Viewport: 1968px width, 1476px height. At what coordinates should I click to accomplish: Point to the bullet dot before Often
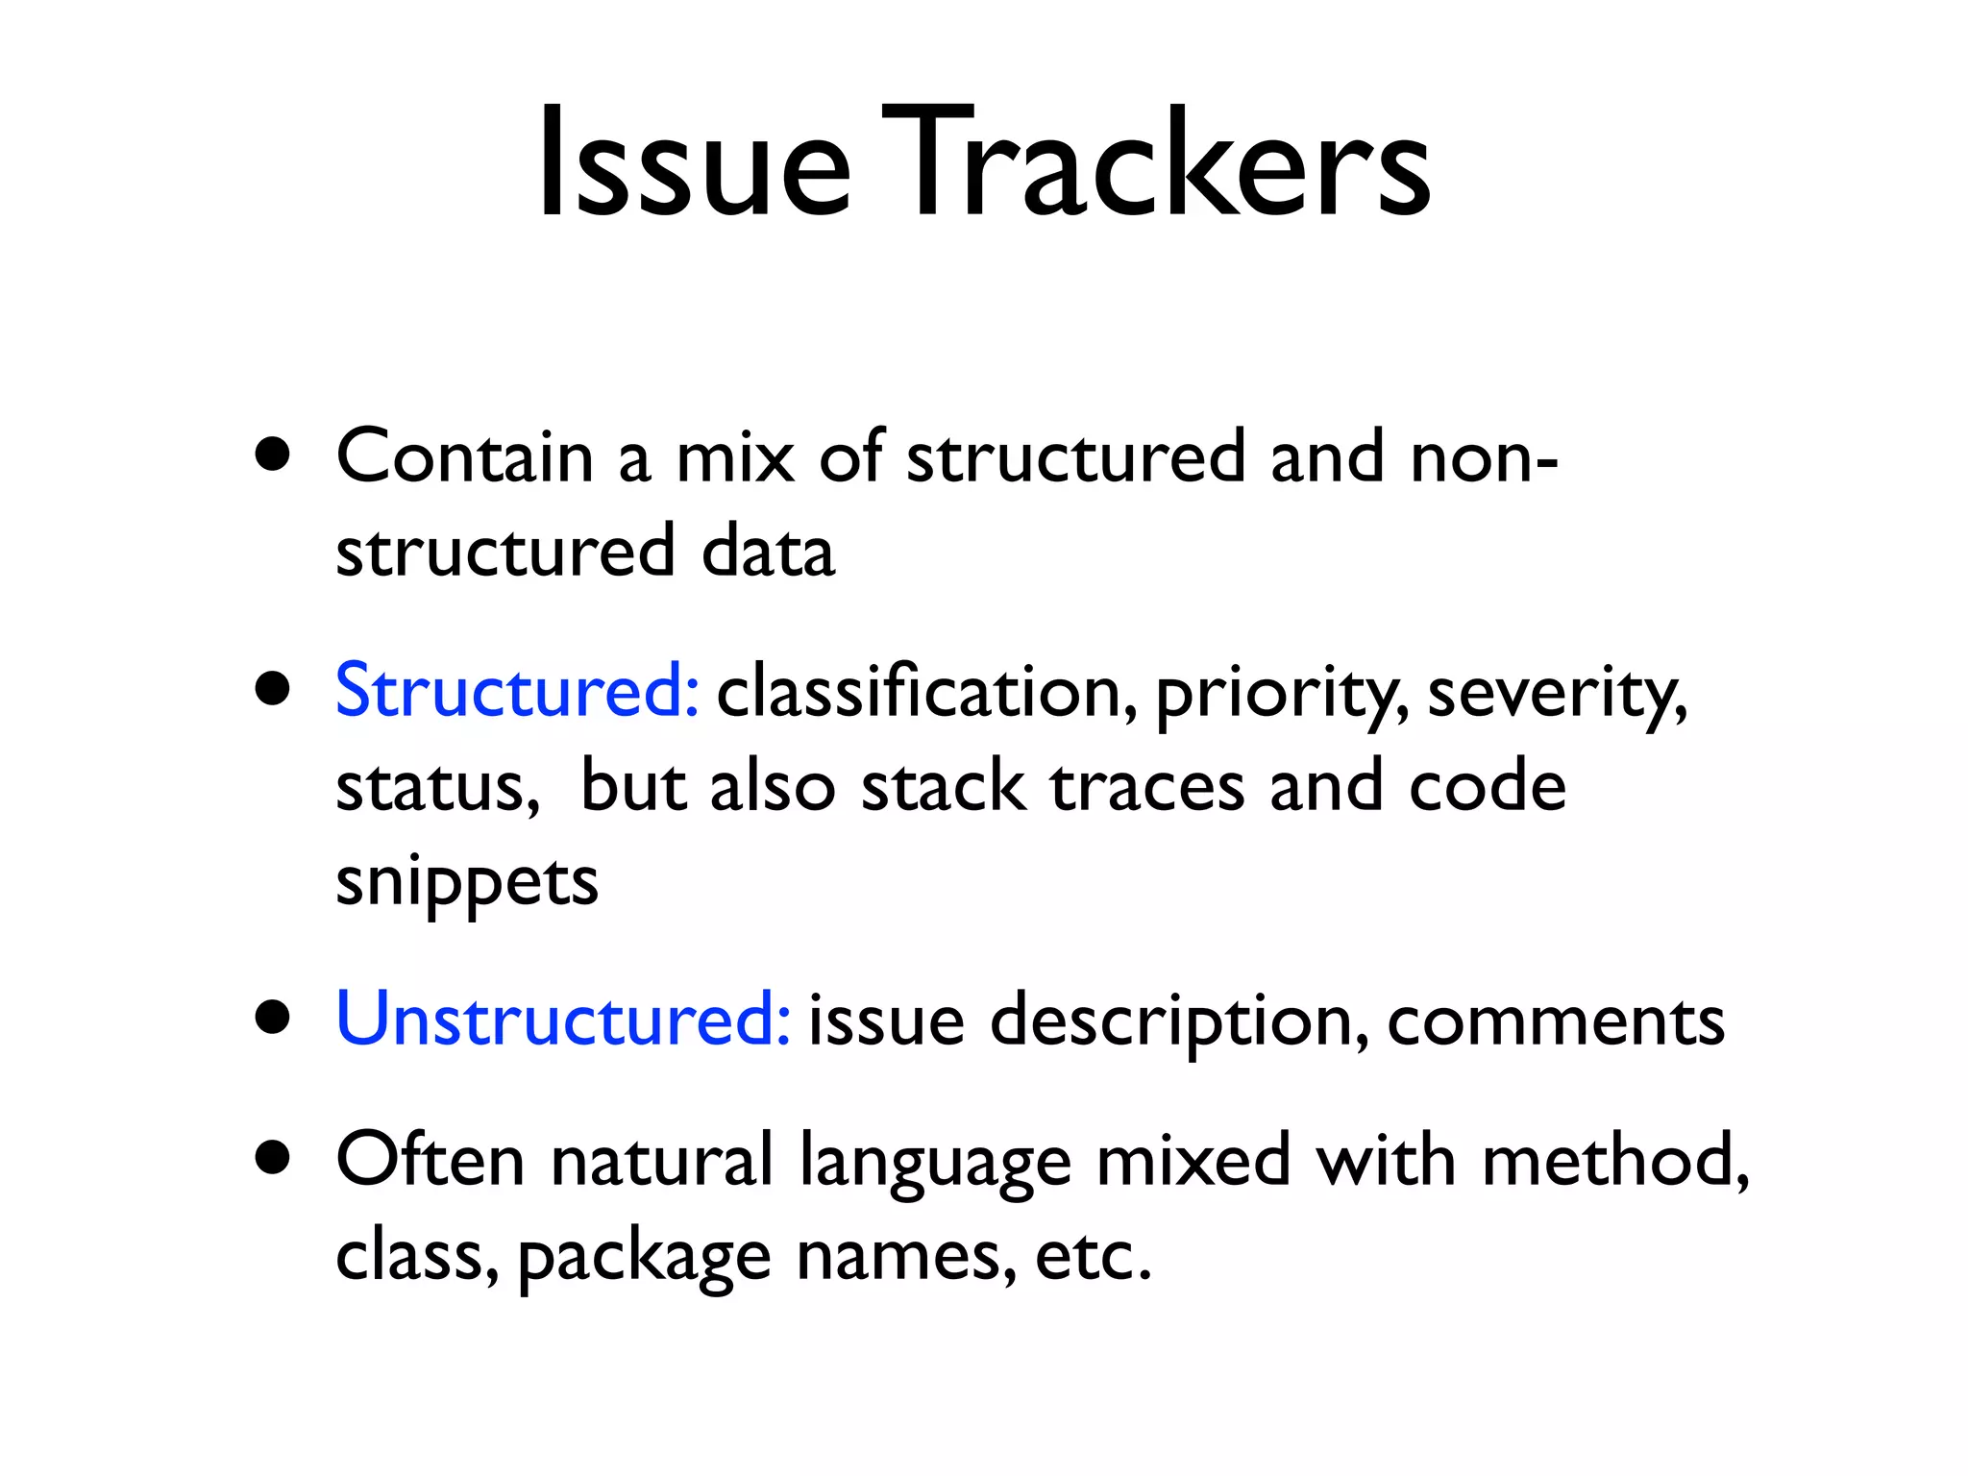tap(274, 1159)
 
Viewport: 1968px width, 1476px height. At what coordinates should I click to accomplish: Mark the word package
tap(644, 1257)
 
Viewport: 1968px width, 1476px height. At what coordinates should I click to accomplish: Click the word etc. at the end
tap(1093, 1255)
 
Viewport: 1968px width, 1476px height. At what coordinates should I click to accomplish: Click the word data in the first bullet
tap(768, 552)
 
